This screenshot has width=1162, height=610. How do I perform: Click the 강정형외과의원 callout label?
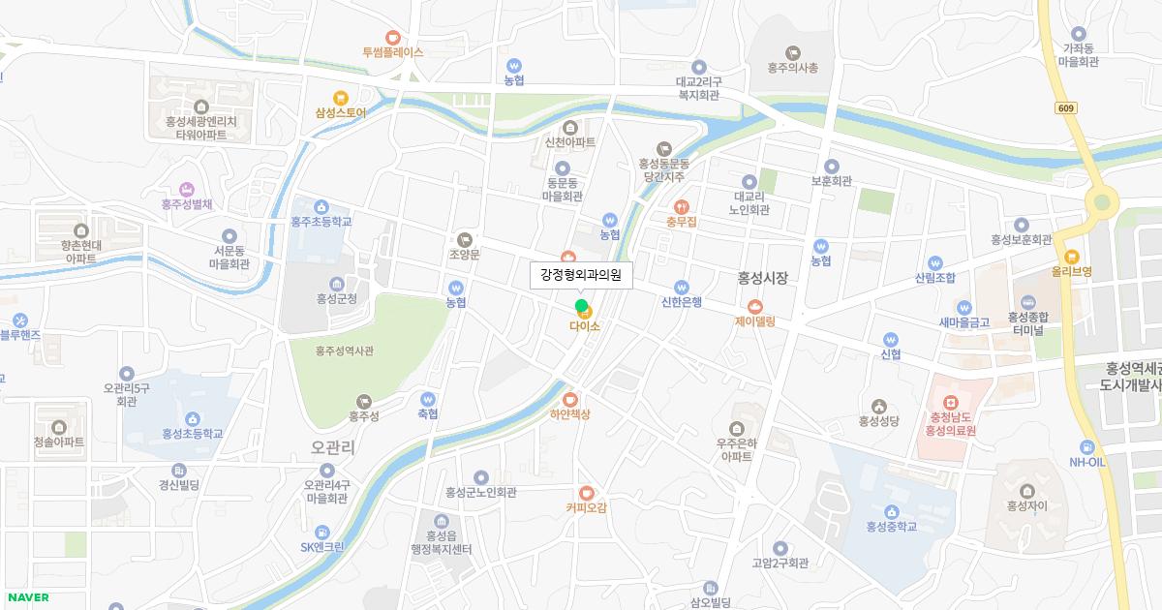coord(581,275)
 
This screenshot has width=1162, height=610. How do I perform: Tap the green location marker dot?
coord(581,307)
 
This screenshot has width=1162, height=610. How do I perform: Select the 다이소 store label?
coord(585,326)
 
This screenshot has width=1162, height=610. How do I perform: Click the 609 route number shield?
coord(1066,108)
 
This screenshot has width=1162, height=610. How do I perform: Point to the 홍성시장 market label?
coord(763,278)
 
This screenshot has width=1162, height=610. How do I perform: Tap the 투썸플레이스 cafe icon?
coord(392,37)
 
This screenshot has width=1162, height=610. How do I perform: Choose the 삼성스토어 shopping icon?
coord(340,97)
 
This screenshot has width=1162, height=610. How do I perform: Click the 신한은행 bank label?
coord(682,301)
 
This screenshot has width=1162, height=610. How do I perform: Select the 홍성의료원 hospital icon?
coord(950,402)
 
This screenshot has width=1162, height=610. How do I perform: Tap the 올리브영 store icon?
coord(1071,257)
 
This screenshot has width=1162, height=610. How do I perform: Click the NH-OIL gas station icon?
coord(1086,446)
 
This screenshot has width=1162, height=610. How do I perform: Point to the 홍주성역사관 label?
coord(345,351)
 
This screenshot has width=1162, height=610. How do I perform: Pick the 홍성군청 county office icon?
coord(336,284)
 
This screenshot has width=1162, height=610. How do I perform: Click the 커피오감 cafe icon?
coord(587,492)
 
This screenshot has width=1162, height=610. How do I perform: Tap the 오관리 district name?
coord(334,447)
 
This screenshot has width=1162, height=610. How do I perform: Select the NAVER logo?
coord(27,597)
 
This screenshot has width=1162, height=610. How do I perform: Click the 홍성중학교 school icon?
coord(891,511)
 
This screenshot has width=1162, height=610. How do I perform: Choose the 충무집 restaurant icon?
coord(682,206)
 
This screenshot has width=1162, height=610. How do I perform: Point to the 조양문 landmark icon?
coord(465,239)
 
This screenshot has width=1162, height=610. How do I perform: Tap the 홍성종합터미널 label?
coord(1028,322)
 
